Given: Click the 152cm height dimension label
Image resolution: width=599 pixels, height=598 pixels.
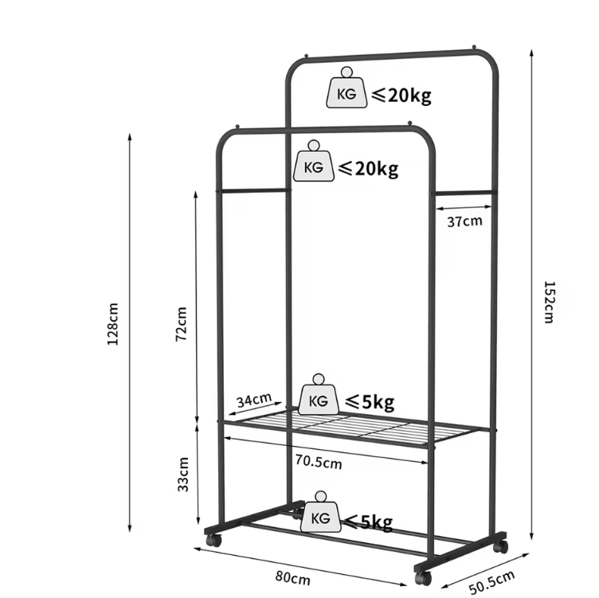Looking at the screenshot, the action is tap(549, 302).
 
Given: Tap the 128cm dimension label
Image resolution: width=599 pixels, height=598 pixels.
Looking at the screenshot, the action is tap(112, 324).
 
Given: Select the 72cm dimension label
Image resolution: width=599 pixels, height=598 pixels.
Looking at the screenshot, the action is tap(181, 324).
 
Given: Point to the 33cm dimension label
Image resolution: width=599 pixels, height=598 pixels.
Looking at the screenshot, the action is tap(183, 475).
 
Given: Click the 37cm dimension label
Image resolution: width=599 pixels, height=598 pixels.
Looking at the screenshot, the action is tap(465, 221).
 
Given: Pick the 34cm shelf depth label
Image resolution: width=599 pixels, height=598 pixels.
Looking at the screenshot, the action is tap(254, 401).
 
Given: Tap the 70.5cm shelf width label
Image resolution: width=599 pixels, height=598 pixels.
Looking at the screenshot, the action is tap(319, 462).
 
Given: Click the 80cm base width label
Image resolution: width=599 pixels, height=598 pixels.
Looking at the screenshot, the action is tap(292, 578).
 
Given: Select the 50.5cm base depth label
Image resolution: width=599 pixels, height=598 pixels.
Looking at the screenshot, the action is tap(491, 582).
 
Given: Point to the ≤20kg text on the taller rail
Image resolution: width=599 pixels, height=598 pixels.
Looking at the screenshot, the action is tap(401, 95).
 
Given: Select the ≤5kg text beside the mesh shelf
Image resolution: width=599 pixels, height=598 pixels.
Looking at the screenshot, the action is tap(370, 402).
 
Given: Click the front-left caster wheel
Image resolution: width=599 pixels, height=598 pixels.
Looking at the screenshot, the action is tap(214, 540).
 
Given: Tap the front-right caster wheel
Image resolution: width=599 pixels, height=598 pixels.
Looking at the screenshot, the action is tap(423, 577).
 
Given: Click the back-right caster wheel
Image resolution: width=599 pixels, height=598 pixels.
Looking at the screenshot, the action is tap(500, 546).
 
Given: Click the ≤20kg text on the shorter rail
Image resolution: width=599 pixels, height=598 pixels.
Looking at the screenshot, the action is tap(368, 168).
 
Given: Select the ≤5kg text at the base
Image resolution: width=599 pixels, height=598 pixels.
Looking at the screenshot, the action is tap(369, 522).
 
